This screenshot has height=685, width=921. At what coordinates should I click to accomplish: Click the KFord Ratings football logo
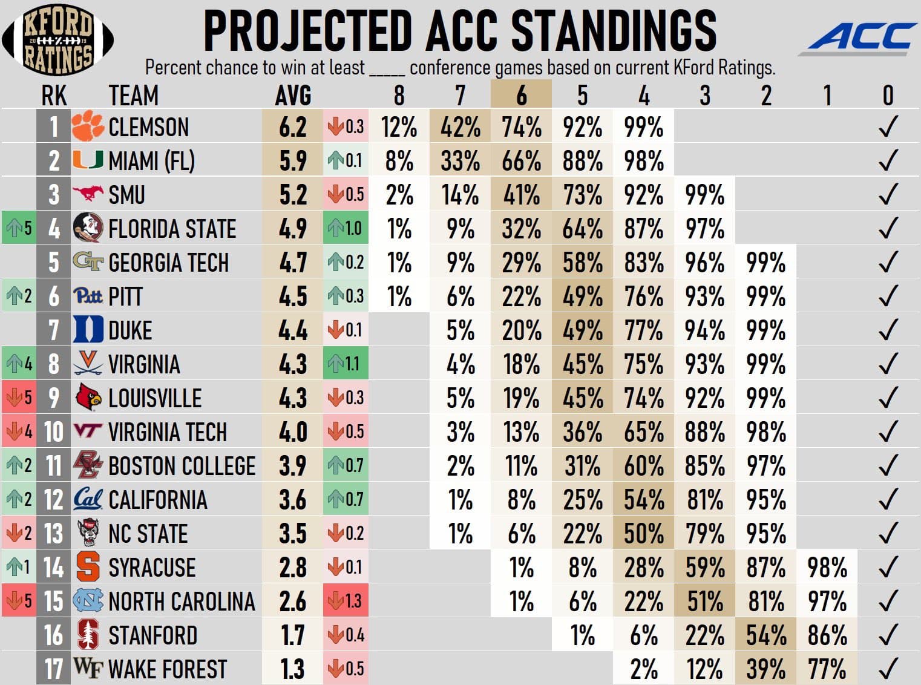tap(58, 39)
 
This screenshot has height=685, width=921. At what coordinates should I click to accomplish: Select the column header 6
tap(521, 95)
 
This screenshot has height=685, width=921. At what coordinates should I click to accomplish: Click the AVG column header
tap(293, 96)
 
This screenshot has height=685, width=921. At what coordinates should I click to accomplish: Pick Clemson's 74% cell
tap(521, 127)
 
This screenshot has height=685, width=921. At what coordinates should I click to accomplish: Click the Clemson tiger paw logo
tap(88, 126)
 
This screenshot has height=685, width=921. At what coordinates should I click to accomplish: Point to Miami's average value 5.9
tap(293, 161)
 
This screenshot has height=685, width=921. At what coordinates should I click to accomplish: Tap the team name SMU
tap(126, 195)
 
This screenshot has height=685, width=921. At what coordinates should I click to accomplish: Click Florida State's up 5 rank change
tap(18, 228)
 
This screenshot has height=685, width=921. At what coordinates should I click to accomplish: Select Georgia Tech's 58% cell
tap(582, 263)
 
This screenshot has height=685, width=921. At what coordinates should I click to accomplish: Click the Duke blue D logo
tap(88, 330)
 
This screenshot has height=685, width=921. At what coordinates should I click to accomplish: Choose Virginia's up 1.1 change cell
tap(346, 364)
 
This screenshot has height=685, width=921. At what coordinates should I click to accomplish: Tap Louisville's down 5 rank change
tap(18, 398)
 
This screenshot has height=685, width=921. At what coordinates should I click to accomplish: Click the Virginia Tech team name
tap(167, 432)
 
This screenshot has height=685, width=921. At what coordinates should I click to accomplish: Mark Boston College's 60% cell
tap(643, 466)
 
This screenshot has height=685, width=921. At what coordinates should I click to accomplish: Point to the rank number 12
tap(53, 500)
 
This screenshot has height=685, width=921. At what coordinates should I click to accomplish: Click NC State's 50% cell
tap(643, 534)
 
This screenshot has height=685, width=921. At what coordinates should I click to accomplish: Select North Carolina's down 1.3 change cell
tap(346, 601)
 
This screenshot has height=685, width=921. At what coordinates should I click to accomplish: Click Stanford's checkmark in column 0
tap(888, 635)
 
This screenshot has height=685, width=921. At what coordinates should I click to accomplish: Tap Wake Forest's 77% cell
tap(827, 669)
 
